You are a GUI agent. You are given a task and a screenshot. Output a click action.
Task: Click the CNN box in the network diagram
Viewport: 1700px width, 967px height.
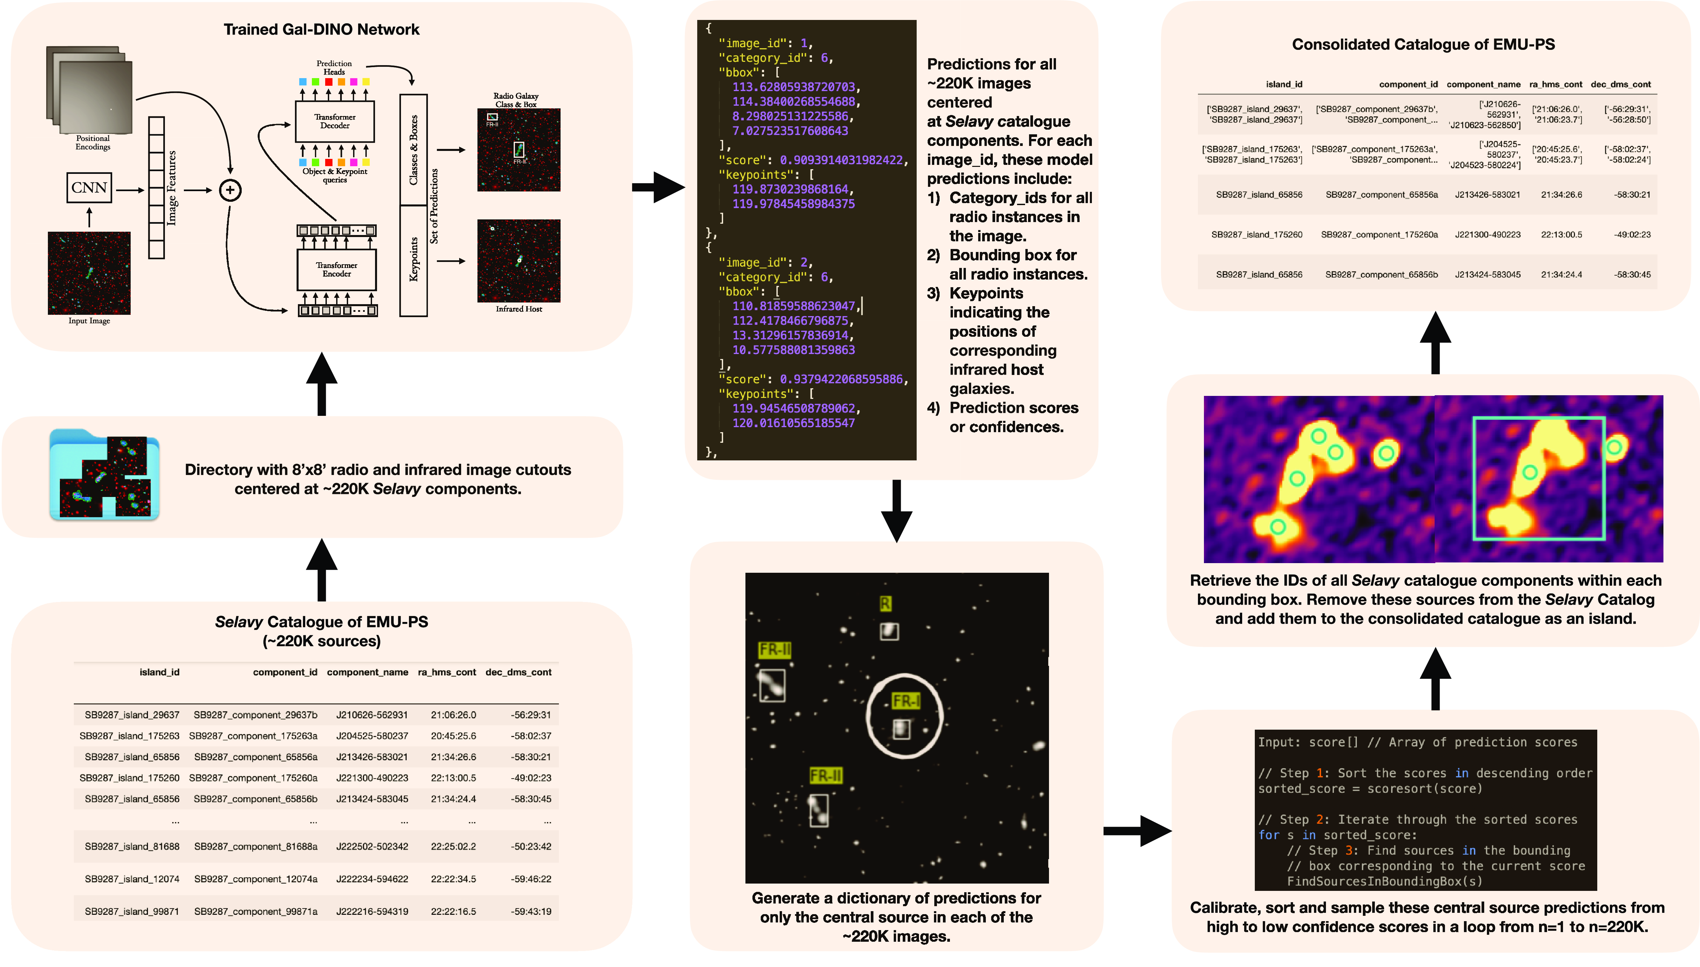click(89, 188)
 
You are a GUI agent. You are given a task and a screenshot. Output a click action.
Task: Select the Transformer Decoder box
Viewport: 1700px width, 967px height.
click(335, 122)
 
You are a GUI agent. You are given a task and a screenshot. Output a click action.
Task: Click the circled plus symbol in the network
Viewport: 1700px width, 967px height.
click(230, 190)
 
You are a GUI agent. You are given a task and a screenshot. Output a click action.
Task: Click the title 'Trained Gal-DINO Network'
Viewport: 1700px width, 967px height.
click(322, 29)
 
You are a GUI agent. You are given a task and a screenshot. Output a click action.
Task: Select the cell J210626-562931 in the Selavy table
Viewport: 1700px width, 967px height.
click(372, 715)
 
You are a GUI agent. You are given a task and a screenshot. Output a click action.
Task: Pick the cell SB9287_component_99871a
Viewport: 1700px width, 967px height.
click(256, 911)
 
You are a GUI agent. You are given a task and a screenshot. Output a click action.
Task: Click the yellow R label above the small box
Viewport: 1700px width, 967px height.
click(885, 603)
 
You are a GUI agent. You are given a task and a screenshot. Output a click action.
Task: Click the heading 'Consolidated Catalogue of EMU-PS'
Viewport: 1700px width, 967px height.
click(1423, 45)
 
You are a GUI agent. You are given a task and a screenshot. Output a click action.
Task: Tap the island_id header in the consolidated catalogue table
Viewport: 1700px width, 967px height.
click(1284, 84)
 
